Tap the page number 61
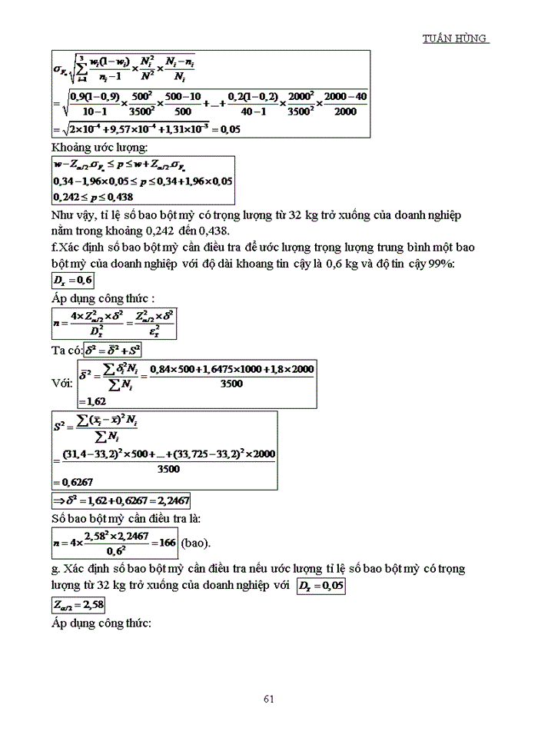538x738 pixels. coord(269,698)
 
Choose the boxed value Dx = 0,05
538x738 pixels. coord(324,587)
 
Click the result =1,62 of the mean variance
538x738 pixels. coord(91,400)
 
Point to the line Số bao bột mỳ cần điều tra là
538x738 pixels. coord(125,518)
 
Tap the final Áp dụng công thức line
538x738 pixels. coord(101,623)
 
